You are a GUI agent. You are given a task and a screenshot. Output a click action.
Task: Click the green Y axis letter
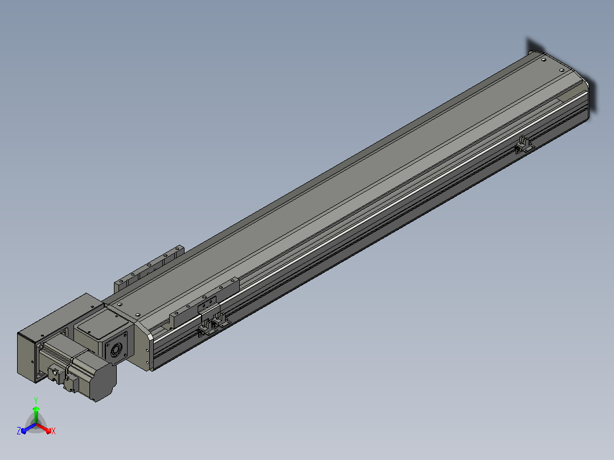(36, 401)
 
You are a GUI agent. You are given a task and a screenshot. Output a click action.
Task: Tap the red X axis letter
(54, 431)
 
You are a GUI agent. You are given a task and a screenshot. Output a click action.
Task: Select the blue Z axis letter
(19, 430)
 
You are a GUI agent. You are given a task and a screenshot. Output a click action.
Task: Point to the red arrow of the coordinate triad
(44, 428)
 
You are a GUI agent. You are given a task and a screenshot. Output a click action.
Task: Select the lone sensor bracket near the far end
(523, 145)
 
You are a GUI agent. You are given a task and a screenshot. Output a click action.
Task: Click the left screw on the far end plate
(543, 60)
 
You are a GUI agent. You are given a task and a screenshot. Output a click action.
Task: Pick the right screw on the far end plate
(562, 71)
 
